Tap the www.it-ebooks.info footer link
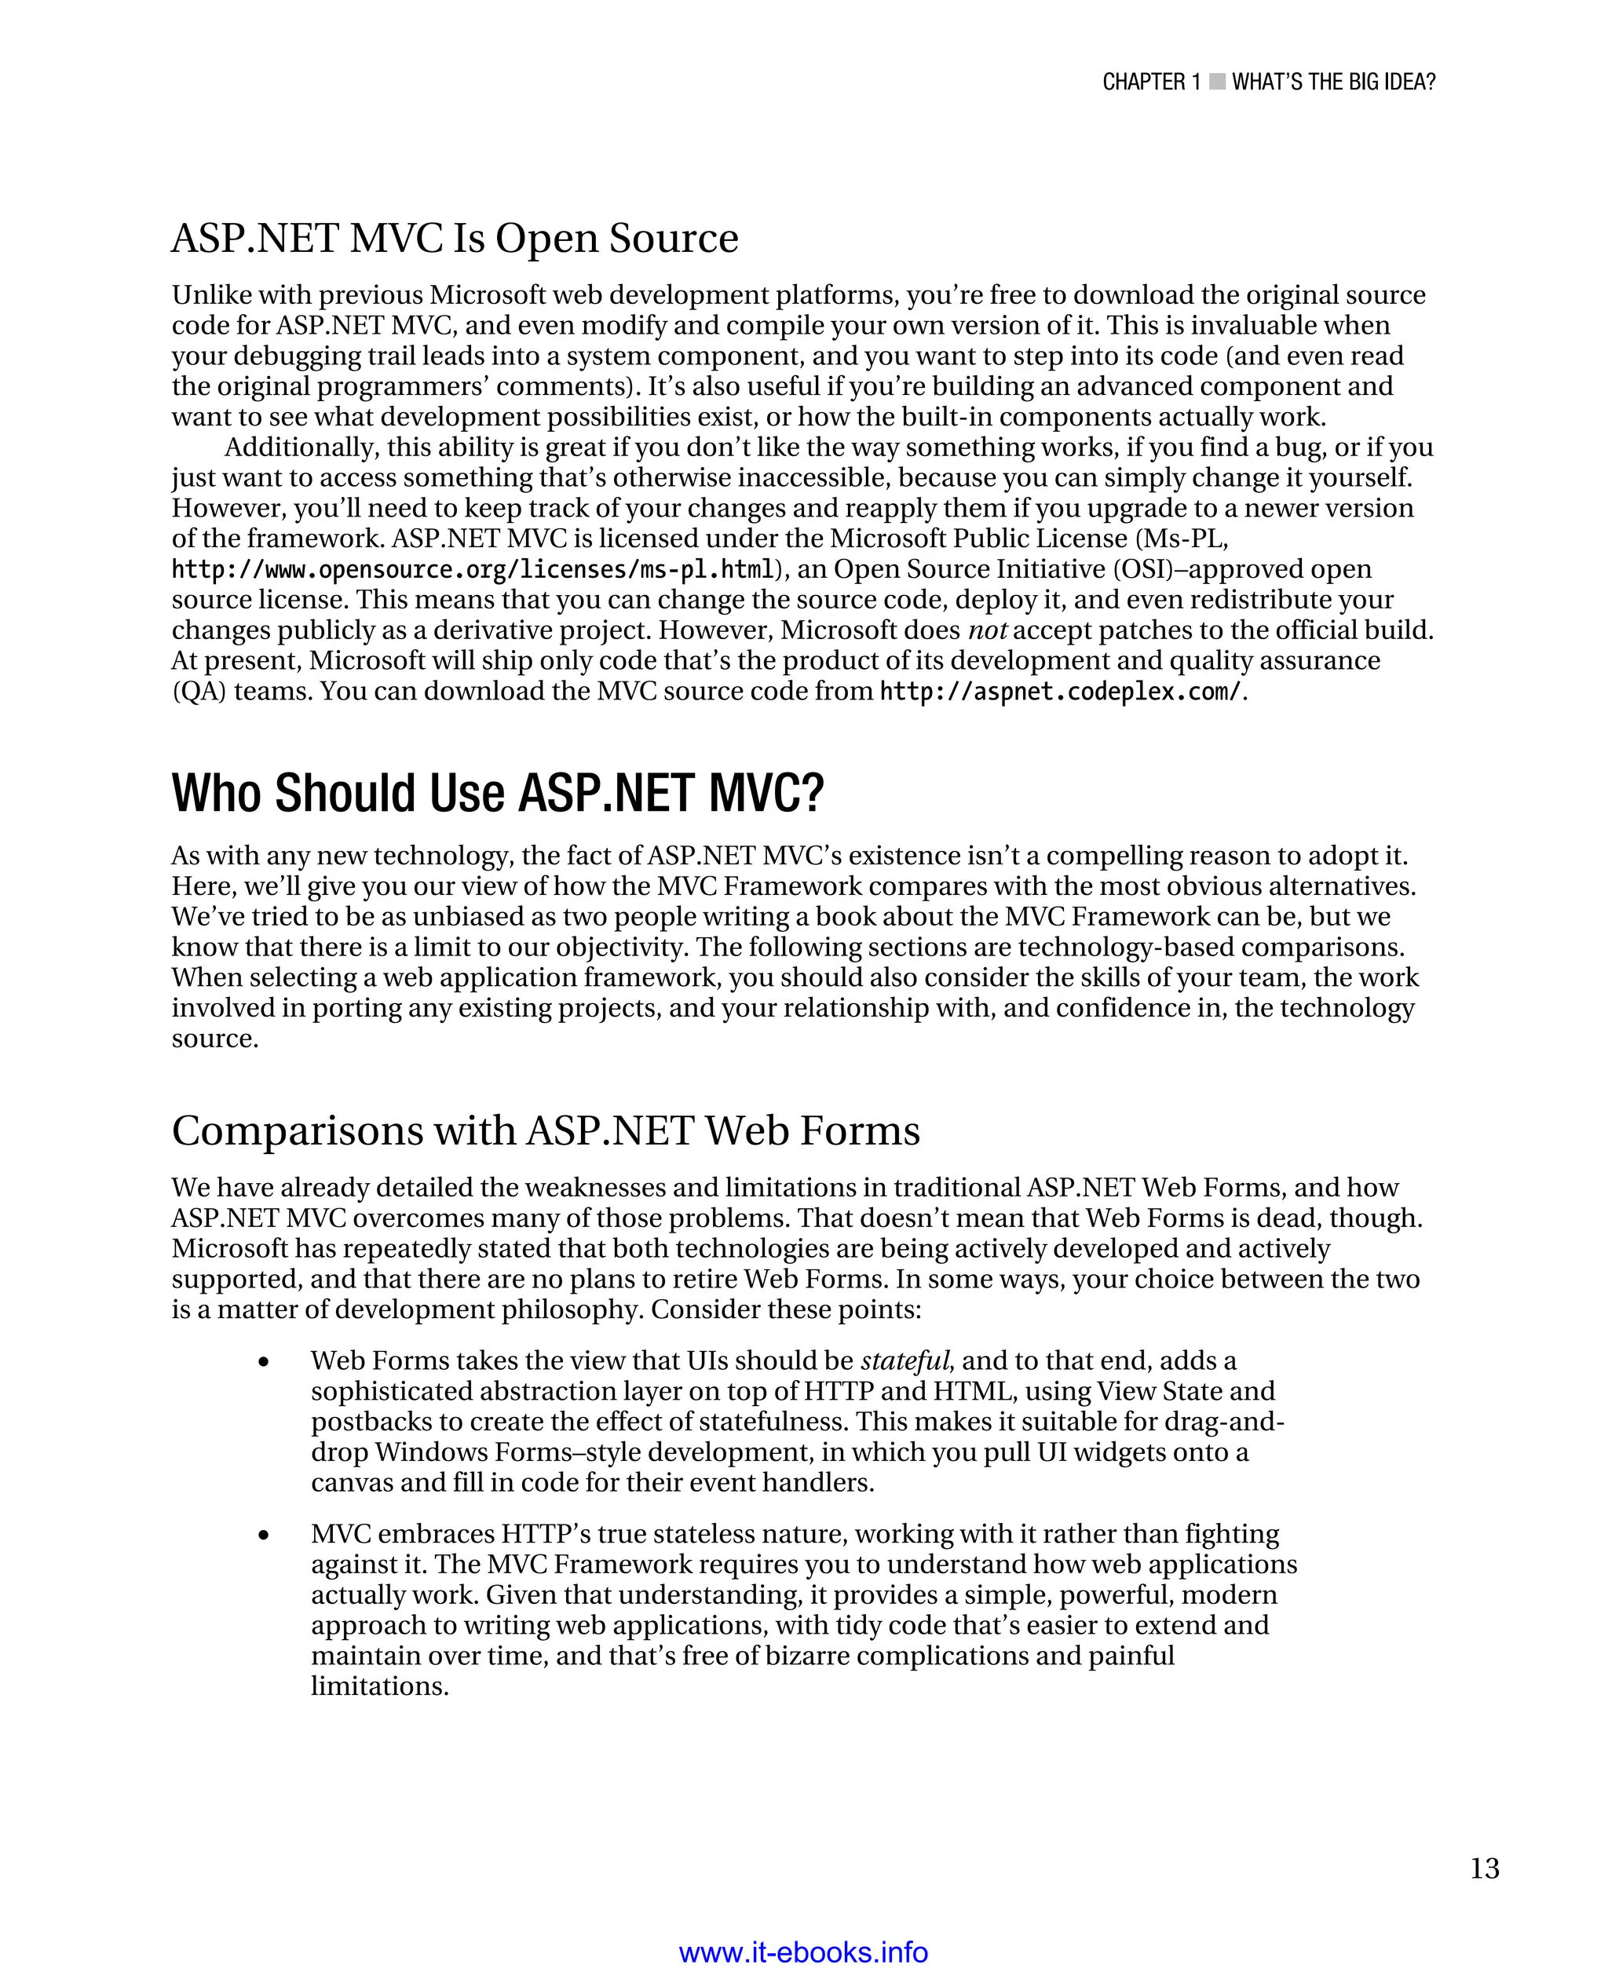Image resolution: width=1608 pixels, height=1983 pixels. tap(803, 1952)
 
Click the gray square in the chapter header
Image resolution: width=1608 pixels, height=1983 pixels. tap(1217, 82)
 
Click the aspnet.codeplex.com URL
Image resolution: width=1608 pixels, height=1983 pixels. tap(1058, 692)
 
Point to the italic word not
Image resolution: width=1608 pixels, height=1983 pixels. tap(986, 630)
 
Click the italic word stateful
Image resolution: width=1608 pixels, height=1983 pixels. tap(905, 1360)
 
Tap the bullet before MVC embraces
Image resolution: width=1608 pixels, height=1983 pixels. tap(264, 1536)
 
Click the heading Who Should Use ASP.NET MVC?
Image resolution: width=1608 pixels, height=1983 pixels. tap(498, 794)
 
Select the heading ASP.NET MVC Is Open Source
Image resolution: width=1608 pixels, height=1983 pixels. tap(455, 238)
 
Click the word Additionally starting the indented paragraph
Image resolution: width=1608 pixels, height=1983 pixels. tap(301, 447)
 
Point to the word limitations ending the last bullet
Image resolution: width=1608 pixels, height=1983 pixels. tap(380, 1685)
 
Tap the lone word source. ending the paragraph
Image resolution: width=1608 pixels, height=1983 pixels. tap(215, 1039)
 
